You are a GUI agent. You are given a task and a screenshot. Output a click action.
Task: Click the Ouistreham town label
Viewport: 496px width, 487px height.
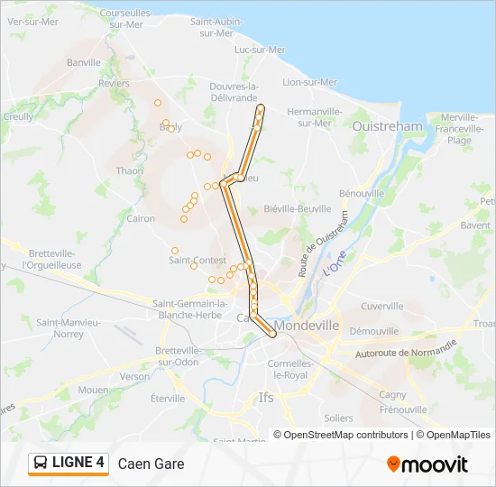pyautogui.click(x=388, y=127)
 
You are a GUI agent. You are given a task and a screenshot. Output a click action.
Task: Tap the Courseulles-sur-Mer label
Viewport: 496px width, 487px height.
pyautogui.click(x=126, y=19)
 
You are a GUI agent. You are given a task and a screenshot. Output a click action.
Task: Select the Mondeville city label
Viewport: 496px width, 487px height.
pyautogui.click(x=308, y=325)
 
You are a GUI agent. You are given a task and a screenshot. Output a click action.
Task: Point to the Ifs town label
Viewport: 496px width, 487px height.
pyautogui.click(x=266, y=397)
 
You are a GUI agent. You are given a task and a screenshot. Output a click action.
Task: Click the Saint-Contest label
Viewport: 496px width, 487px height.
pyautogui.click(x=197, y=261)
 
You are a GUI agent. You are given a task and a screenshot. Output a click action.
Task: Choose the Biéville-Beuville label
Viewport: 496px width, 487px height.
pyautogui.click(x=298, y=208)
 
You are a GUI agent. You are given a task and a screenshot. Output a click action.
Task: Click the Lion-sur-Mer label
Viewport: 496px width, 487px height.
pyautogui.click(x=310, y=82)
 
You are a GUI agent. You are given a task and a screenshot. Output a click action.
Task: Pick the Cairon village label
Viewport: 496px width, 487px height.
pyautogui.click(x=141, y=218)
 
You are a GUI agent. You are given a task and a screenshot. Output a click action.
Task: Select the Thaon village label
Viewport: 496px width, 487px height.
pyautogui.click(x=130, y=170)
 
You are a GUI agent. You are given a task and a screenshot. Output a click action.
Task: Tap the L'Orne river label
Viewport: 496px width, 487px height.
pyautogui.click(x=334, y=266)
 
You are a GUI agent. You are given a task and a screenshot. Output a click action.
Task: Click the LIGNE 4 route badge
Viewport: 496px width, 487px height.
pyautogui.click(x=69, y=463)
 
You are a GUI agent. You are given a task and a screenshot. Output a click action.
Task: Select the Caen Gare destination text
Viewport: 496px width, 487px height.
pyautogui.click(x=151, y=464)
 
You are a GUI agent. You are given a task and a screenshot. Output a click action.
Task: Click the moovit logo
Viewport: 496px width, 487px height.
pyautogui.click(x=427, y=464)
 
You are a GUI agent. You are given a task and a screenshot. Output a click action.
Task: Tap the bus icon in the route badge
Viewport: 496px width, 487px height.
pyautogui.click(x=41, y=464)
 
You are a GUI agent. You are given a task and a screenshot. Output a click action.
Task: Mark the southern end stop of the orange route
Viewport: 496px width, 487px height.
pyautogui.click(x=272, y=335)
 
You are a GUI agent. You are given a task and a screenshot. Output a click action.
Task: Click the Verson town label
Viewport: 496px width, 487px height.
pyautogui.click(x=134, y=376)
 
